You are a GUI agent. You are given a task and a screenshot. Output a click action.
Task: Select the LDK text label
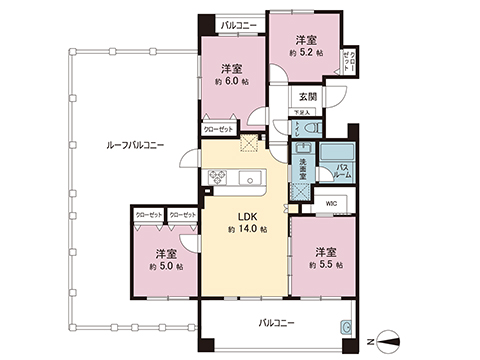click(x=247, y=213)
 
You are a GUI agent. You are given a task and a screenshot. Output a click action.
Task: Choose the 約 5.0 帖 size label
click(x=165, y=267)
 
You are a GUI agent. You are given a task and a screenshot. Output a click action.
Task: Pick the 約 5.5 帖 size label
click(x=325, y=265)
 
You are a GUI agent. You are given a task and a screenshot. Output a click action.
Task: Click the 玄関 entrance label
click(x=307, y=96)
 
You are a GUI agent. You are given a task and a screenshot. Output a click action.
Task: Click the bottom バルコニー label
click(x=276, y=323)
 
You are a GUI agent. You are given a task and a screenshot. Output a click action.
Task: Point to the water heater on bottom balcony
click(x=345, y=326)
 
